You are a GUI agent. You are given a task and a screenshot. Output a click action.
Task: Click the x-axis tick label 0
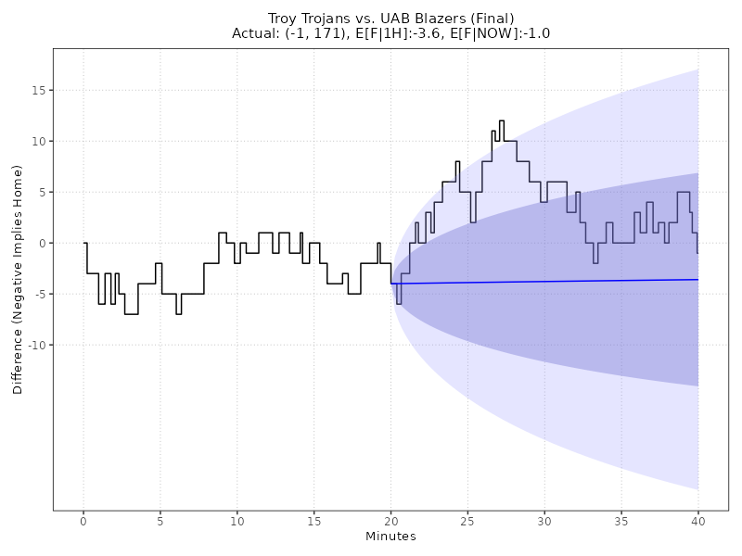click(x=83, y=522)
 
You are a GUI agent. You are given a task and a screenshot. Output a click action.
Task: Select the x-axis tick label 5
click(x=160, y=522)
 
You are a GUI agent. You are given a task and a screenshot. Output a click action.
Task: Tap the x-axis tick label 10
click(x=237, y=522)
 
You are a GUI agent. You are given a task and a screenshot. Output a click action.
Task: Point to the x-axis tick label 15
click(x=314, y=522)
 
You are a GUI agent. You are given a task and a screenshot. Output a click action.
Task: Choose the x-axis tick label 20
click(x=391, y=522)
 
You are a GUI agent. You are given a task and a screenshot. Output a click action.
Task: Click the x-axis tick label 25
click(x=468, y=522)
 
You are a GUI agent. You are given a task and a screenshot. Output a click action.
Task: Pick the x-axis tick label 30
click(x=544, y=522)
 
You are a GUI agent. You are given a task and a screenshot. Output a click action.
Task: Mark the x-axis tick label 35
click(x=621, y=522)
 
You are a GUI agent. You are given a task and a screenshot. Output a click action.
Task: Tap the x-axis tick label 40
click(x=698, y=522)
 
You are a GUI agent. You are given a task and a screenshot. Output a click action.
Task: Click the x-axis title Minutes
click(x=390, y=537)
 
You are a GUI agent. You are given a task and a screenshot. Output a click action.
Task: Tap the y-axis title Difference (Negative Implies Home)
click(x=19, y=279)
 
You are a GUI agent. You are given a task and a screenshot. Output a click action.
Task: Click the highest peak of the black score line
click(x=502, y=120)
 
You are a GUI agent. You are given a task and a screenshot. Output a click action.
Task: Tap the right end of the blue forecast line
click(x=698, y=279)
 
